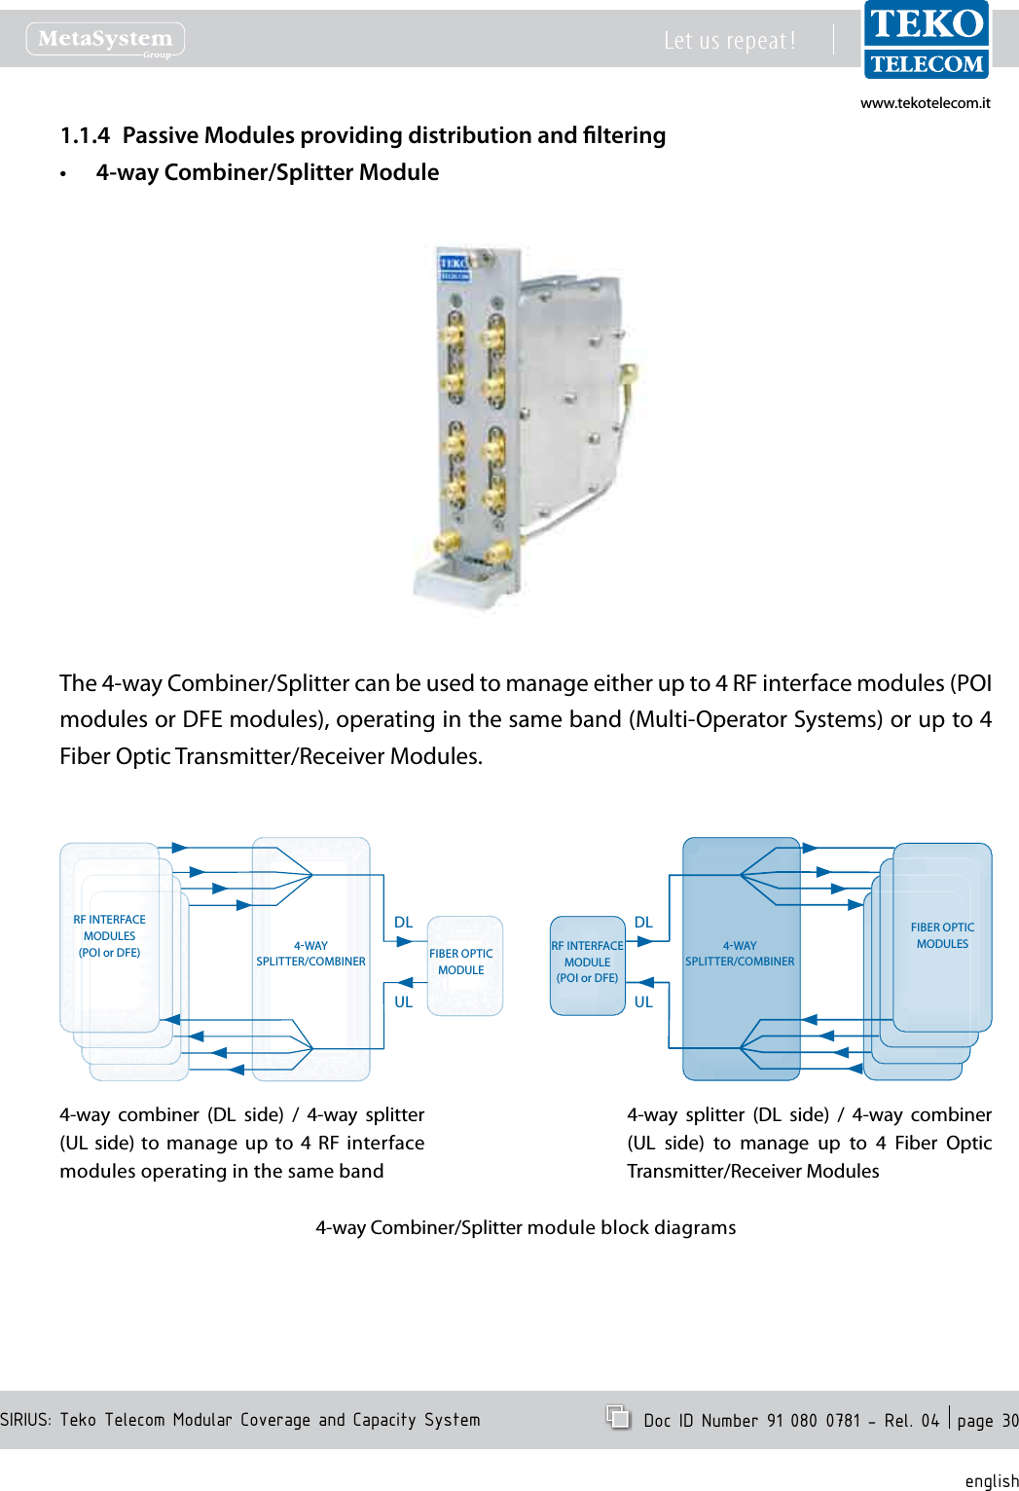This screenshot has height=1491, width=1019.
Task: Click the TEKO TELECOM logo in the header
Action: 926,41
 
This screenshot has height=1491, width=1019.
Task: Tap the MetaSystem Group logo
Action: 105,39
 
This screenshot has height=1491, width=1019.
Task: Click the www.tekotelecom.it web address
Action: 925,103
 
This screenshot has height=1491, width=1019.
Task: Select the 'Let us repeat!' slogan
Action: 729,41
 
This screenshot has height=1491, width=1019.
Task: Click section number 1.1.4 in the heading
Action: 85,135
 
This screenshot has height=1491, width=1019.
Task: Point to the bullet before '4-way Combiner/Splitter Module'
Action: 63,174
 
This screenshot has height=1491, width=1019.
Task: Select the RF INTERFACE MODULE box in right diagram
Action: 587,964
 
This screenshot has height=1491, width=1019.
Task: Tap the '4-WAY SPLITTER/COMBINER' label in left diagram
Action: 310,954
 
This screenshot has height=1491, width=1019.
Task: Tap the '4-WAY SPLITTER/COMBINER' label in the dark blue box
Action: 740,954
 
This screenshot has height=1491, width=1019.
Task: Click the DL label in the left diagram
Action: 403,922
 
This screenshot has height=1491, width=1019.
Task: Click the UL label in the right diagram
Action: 643,1001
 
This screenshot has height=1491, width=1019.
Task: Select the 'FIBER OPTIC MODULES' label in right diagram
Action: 942,935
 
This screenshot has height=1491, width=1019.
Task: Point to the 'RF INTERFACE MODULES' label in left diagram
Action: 109,935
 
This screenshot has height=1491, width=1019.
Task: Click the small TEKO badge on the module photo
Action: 454,267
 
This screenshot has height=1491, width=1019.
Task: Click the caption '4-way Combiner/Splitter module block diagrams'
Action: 526,1227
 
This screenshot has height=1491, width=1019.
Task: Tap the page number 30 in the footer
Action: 1009,1421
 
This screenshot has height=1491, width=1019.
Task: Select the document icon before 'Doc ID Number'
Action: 618,1417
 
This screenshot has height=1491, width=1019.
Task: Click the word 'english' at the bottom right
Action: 991,1480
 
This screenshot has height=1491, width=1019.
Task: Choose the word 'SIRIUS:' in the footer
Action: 25,1420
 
